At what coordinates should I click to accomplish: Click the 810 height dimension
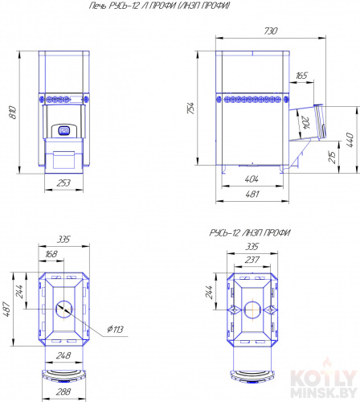[x=13, y=113]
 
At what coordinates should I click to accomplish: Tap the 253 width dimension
[x=63, y=183]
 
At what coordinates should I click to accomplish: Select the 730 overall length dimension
[x=271, y=31]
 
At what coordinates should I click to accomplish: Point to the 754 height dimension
[x=190, y=108]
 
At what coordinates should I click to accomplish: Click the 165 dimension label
[x=301, y=76]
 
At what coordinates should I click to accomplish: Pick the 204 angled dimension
[x=305, y=123]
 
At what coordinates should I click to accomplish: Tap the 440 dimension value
[x=350, y=140]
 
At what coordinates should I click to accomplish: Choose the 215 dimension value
[x=332, y=158]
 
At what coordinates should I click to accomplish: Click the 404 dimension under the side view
[x=252, y=178]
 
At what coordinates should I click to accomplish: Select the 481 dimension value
[x=252, y=194]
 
